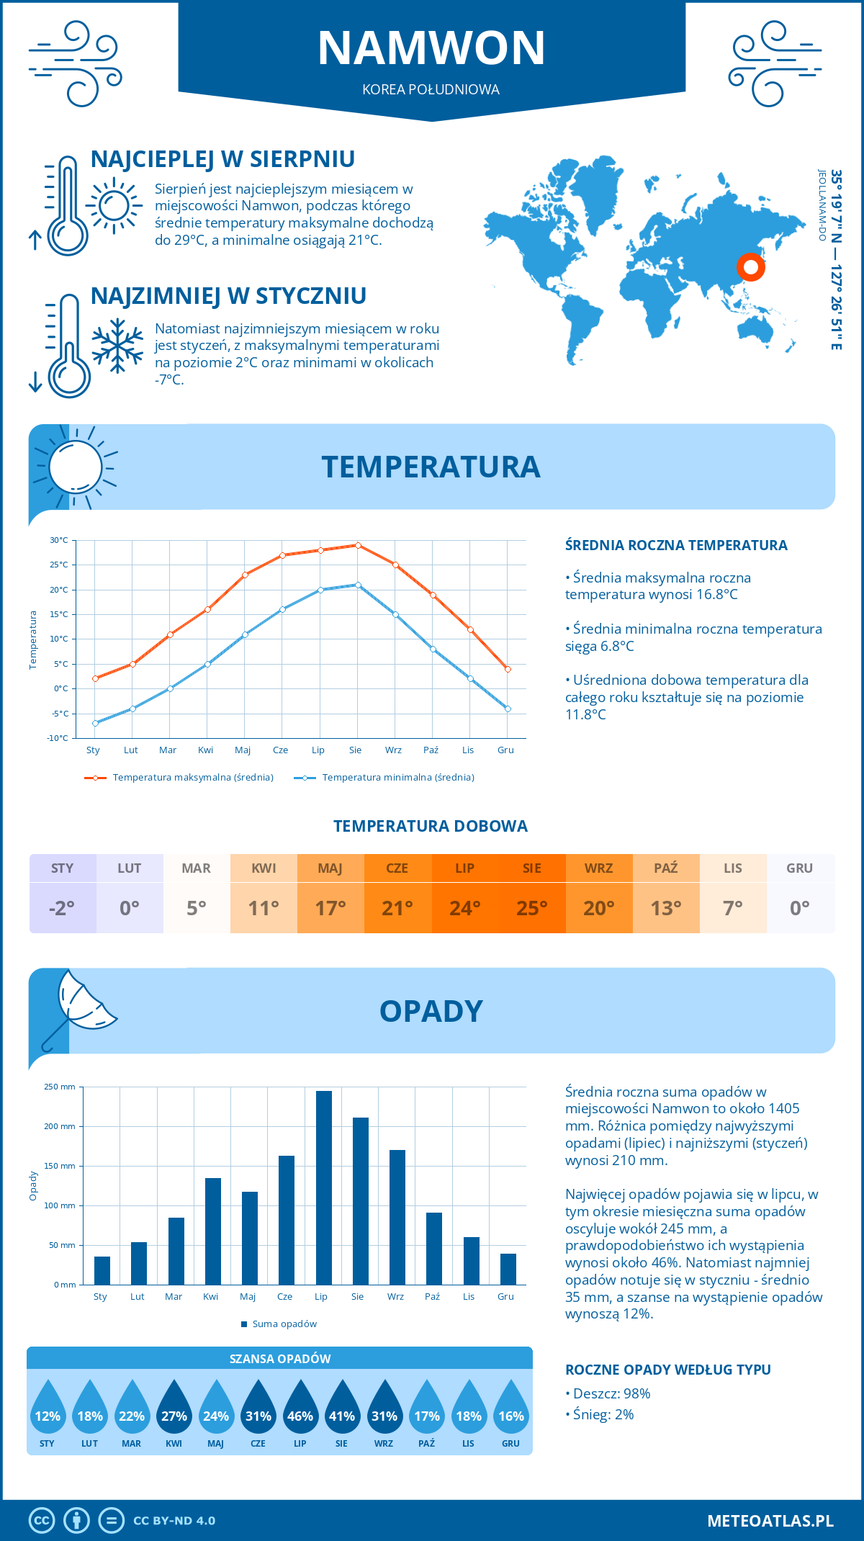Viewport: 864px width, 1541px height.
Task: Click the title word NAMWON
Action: tap(431, 48)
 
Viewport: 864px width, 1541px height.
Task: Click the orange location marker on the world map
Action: tap(750, 267)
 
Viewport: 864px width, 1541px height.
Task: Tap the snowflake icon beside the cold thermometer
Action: tap(117, 346)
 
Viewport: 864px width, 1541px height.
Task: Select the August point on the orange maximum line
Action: tap(358, 545)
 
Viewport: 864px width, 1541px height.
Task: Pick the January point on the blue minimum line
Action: tap(95, 723)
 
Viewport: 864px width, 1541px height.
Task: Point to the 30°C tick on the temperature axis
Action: tap(59, 540)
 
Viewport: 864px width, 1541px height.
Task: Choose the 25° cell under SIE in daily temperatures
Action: tap(531, 908)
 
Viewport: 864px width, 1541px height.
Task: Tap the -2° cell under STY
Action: tap(62, 908)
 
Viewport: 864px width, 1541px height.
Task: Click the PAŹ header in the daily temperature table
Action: tap(665, 868)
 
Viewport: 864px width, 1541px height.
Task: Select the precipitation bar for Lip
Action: tap(323, 1187)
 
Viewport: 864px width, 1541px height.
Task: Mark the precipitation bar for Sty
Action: tap(102, 1270)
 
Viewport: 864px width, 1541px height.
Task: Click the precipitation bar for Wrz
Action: tap(397, 1217)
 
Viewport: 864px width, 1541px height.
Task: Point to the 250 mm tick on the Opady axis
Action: tap(60, 1087)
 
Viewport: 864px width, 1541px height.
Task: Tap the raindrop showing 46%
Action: tap(300, 1411)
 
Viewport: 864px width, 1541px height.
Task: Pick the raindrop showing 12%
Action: tap(48, 1411)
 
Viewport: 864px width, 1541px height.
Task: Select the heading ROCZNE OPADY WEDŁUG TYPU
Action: tap(667, 1370)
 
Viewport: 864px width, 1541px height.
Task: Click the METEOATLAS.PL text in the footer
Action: tap(770, 1521)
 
